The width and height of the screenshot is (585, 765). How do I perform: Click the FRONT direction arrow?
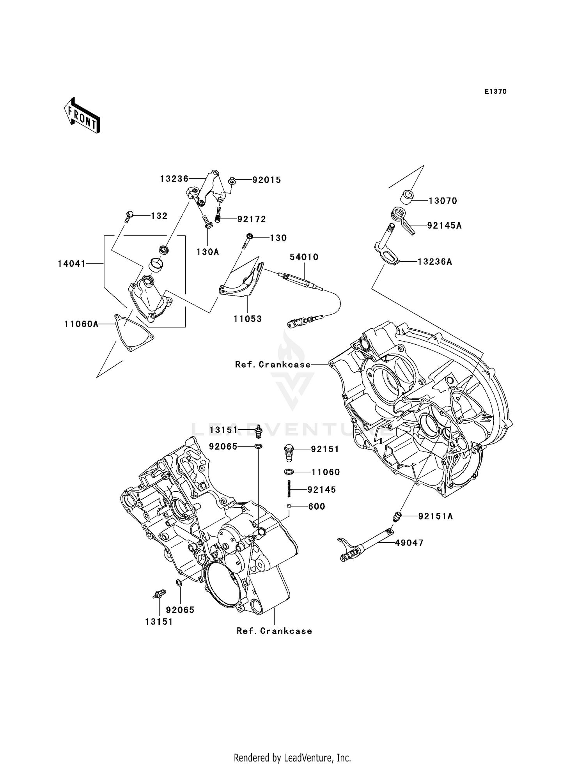tap(82, 116)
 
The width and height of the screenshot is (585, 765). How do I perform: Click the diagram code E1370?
tap(495, 92)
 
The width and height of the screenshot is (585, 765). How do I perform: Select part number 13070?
tap(443, 201)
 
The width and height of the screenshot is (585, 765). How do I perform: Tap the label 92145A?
tap(444, 225)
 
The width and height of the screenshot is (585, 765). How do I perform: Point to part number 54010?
tap(304, 257)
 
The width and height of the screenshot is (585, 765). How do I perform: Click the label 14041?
tap(72, 264)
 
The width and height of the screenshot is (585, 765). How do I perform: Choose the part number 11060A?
tap(82, 324)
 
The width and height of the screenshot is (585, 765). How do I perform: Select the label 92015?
tap(267, 180)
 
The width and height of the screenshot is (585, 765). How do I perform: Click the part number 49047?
tap(409, 543)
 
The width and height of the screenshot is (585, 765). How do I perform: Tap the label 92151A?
tap(436, 516)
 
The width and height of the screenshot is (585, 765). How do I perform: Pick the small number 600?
tap(317, 506)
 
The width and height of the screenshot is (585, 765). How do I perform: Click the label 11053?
tap(248, 319)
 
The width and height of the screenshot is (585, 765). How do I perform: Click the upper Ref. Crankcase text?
tap(273, 365)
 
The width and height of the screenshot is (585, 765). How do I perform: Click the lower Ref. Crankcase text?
tap(274, 631)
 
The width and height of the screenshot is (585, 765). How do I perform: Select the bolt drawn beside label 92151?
tap(288, 453)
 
